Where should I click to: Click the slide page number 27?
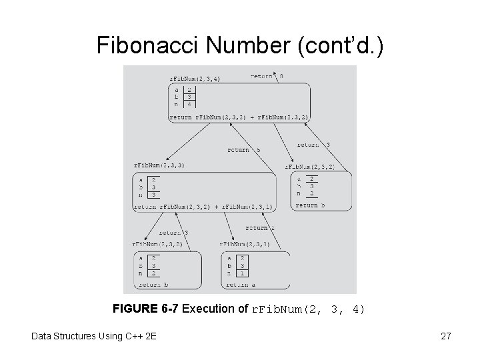point(445,336)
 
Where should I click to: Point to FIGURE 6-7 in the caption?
point(146,309)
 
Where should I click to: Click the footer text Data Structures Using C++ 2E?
point(93,336)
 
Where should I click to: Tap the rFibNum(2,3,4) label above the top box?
point(195,79)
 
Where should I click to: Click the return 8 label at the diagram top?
point(267,77)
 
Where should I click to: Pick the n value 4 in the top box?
point(189,104)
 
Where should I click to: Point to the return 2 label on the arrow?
point(257,228)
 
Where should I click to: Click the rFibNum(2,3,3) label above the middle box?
point(159,165)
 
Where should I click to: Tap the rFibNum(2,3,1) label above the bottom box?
point(243,244)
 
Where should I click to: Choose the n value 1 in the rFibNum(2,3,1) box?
point(243,273)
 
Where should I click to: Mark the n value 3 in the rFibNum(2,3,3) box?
point(154,194)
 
